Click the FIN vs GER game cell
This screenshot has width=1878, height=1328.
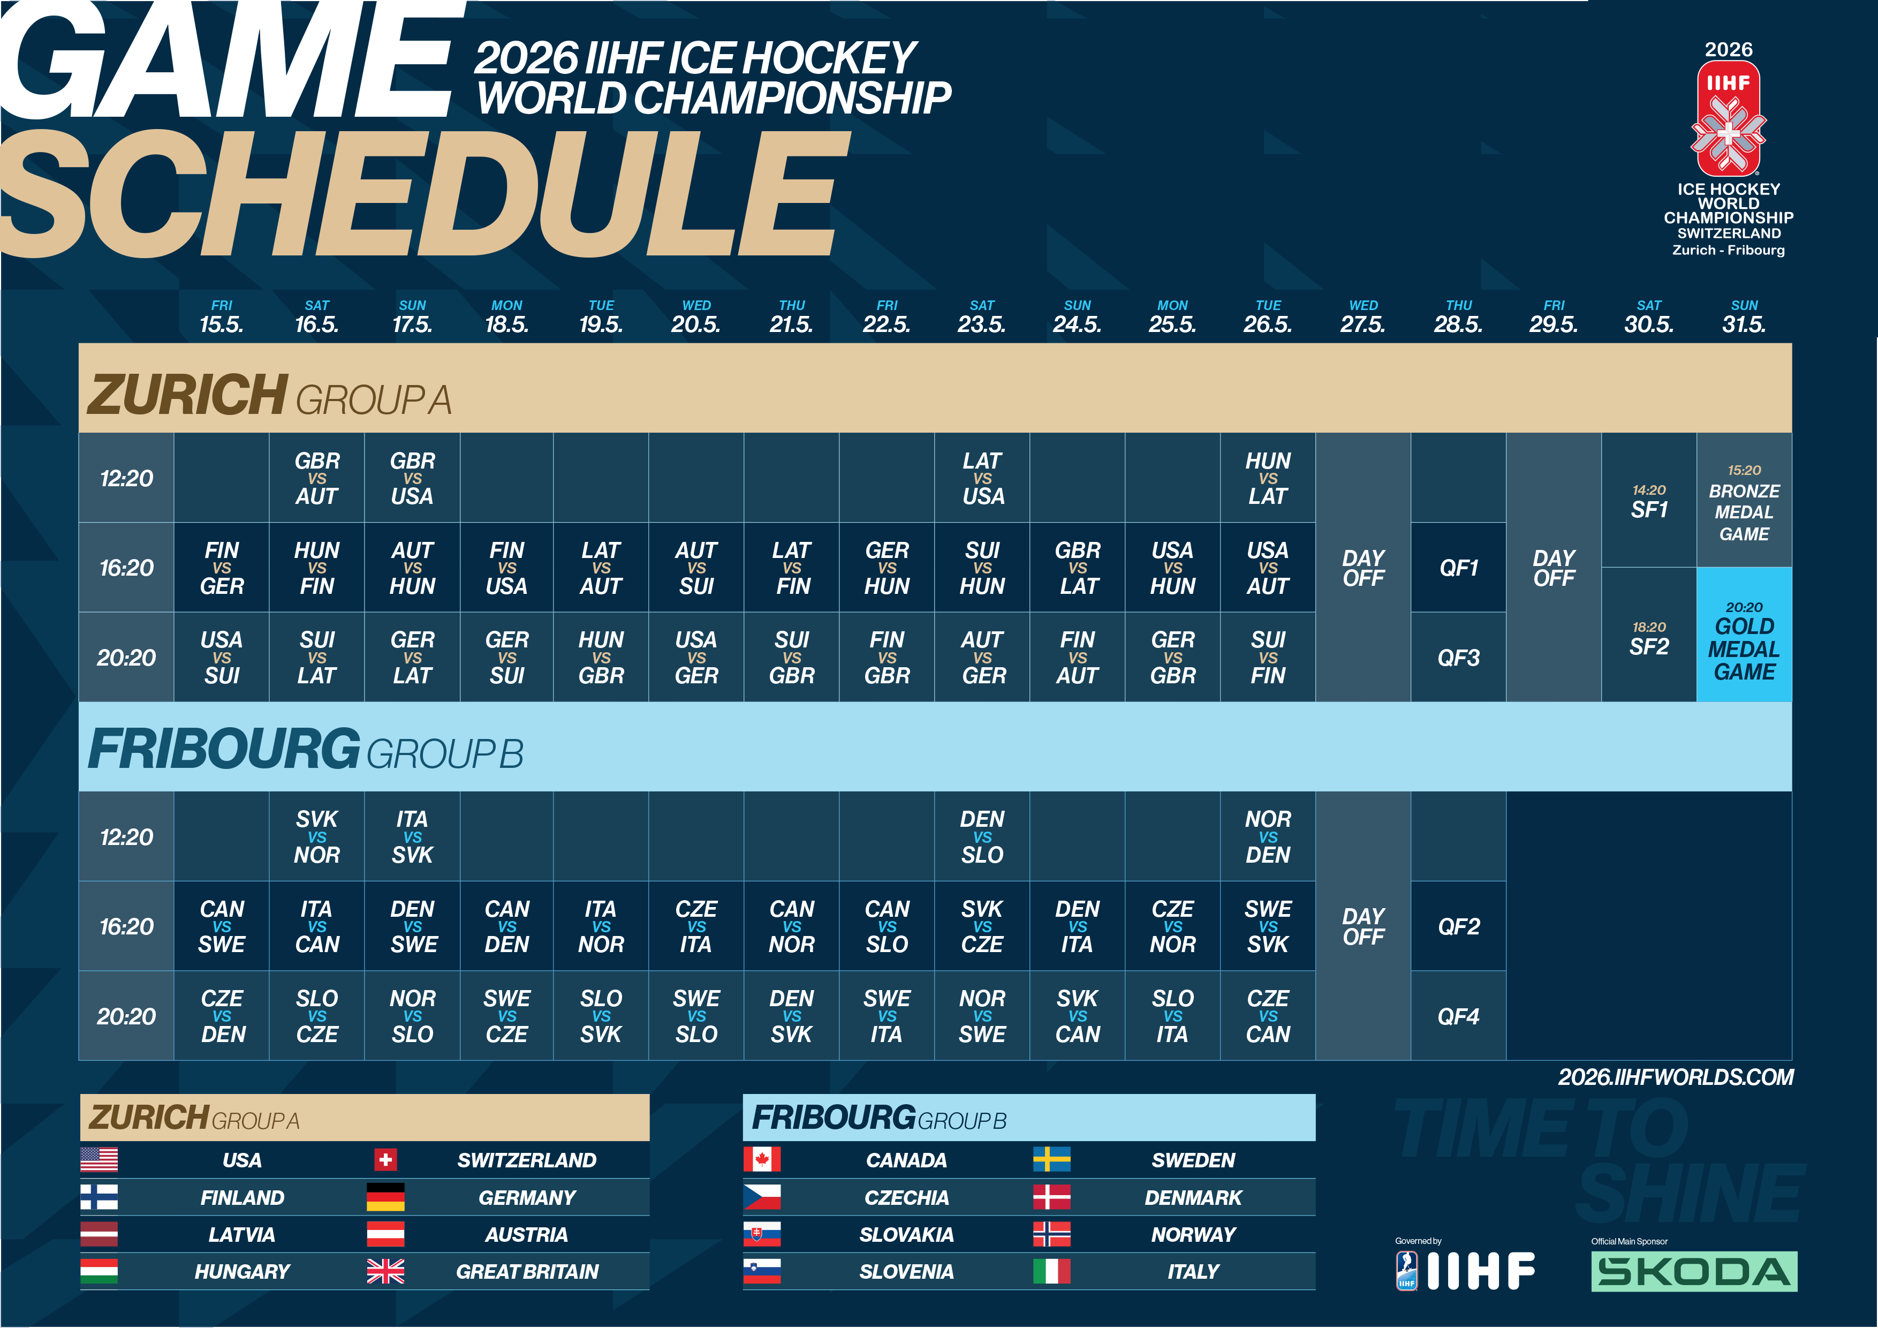(x=222, y=568)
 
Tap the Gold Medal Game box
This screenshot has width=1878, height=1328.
(x=1744, y=635)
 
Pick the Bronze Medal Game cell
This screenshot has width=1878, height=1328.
(x=1744, y=501)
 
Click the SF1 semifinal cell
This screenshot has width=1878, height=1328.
(x=1649, y=501)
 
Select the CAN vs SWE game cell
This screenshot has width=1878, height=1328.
(x=222, y=926)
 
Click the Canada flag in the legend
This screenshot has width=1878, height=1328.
(x=761, y=1159)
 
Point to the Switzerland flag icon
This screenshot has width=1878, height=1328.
(x=385, y=1159)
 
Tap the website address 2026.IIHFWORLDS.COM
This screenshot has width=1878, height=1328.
(x=1675, y=1077)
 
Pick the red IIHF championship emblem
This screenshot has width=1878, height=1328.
(x=1728, y=119)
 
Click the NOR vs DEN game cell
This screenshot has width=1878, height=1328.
(x=1268, y=837)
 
